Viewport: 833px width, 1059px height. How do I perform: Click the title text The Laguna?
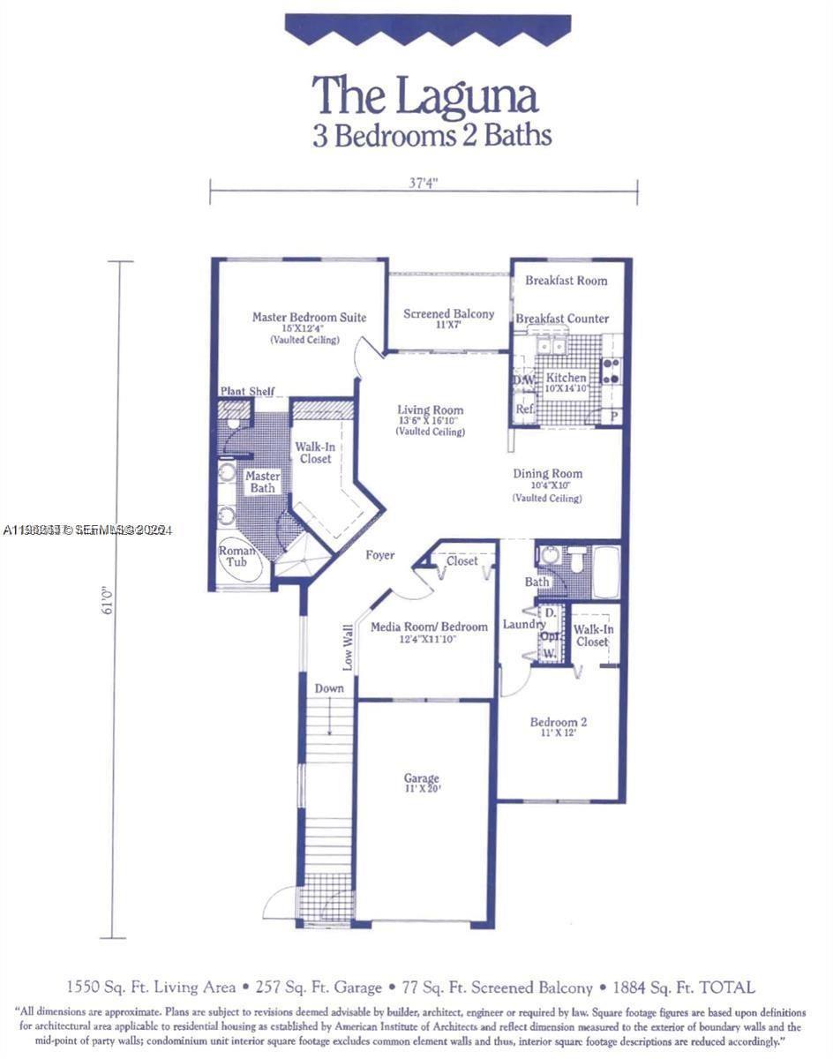tap(424, 95)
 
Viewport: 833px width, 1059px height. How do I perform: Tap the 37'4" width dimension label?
tap(424, 183)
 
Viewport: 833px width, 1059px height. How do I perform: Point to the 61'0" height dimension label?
tap(108, 600)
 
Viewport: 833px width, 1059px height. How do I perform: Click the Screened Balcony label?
tap(449, 314)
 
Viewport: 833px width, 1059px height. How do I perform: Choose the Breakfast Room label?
tap(567, 281)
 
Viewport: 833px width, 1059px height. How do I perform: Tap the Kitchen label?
tap(567, 378)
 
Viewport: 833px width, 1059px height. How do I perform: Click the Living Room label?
tap(430, 410)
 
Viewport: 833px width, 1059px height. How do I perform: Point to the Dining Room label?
tap(547, 474)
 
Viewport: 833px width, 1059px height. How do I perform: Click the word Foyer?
tap(380, 555)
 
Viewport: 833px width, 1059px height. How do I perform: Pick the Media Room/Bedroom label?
tap(429, 627)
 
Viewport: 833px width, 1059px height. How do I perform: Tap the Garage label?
tap(422, 778)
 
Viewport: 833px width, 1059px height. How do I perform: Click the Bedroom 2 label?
tap(559, 722)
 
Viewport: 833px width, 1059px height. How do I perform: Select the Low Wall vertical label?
tap(348, 647)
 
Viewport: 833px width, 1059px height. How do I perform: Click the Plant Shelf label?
tap(247, 391)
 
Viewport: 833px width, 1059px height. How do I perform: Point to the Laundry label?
tap(524, 625)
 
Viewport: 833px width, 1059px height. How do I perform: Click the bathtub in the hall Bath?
tap(605, 572)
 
